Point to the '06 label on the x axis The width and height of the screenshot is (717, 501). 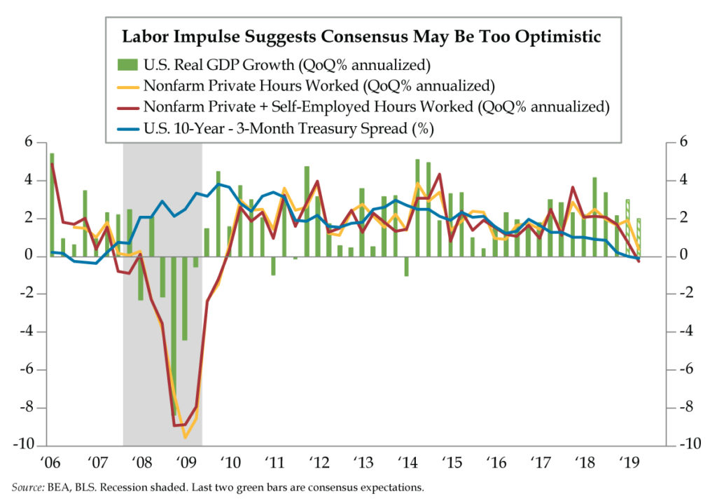tap(50, 463)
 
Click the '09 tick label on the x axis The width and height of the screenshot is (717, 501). tap(186, 463)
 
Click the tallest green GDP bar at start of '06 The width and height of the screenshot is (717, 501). tap(52, 203)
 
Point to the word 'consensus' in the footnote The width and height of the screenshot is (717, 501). tap(347, 486)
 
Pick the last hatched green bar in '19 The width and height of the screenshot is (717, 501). tap(639, 237)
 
